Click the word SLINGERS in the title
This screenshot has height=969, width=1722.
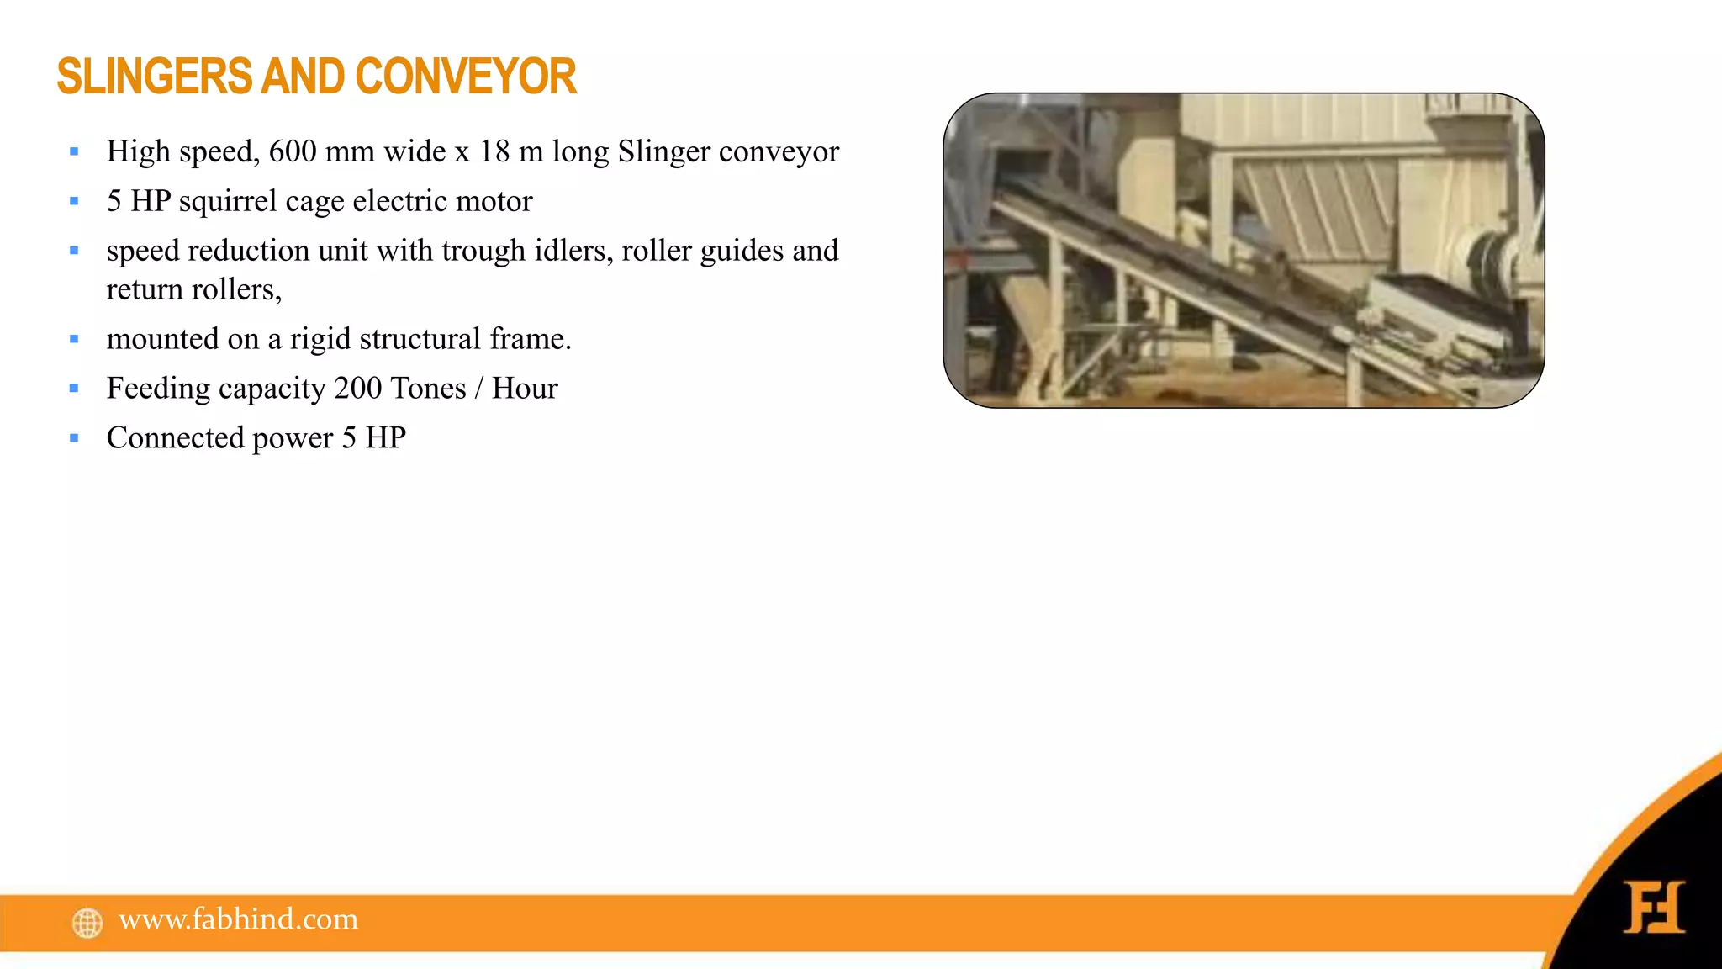pos(154,77)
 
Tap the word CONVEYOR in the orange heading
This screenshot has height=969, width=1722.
pos(466,77)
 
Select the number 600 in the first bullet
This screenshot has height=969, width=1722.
pos(292,151)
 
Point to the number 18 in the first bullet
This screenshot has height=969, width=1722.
pos(494,151)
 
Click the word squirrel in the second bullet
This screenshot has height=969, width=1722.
pos(227,202)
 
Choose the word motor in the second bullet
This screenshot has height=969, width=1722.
pos(494,201)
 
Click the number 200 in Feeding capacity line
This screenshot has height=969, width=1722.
pos(358,389)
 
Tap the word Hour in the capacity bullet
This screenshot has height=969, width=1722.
pos(525,389)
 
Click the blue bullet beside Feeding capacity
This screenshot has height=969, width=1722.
pos(74,389)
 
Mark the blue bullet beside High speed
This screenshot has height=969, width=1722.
pos(74,152)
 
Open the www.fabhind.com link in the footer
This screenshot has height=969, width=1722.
pos(239,919)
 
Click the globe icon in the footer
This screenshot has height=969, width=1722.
pos(87,923)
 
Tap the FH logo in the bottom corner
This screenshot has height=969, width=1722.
pos(1653,907)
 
